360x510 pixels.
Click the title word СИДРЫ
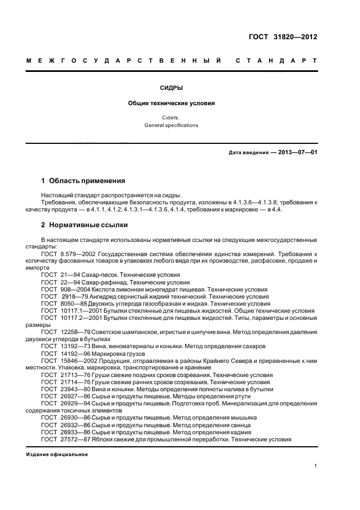click(172, 87)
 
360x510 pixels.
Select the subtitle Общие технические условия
click(172, 102)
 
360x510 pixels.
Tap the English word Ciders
click(172, 117)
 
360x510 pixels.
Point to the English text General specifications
click(172, 125)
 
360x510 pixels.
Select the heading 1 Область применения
click(83, 180)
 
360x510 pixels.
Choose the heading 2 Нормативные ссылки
click(84, 225)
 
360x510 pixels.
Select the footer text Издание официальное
click(57, 454)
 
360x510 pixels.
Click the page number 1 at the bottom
click(315, 466)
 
